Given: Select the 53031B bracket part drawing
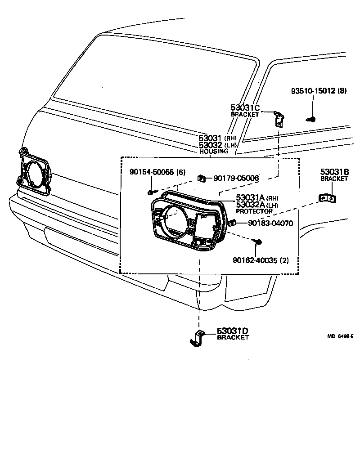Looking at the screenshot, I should click(x=328, y=197).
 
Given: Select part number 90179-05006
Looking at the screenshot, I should click(x=236, y=179).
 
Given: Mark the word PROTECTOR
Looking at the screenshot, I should click(x=254, y=211).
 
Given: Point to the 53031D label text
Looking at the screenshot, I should click(x=233, y=331).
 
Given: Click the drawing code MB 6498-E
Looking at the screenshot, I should click(x=340, y=336).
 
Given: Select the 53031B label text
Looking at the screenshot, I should click(x=335, y=172).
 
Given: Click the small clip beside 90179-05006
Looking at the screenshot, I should click(x=202, y=179).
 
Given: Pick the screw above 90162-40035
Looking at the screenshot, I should click(x=260, y=243).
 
